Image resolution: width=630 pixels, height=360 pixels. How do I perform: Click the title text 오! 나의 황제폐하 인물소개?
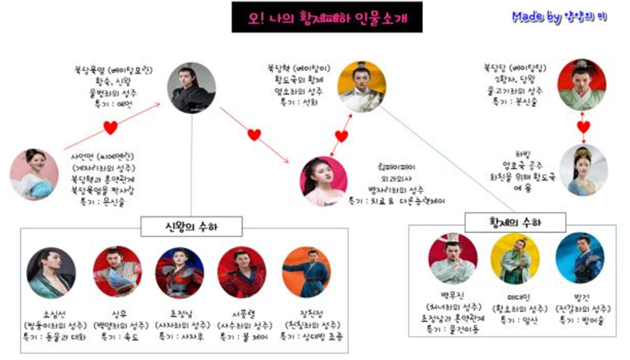325,17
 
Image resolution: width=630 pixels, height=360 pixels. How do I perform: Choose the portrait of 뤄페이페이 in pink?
324,180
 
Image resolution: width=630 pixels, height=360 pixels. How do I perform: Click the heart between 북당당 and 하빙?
583,126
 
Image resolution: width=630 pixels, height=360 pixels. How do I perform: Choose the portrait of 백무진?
452,258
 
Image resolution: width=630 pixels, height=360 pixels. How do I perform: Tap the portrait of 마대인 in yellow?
513,258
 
